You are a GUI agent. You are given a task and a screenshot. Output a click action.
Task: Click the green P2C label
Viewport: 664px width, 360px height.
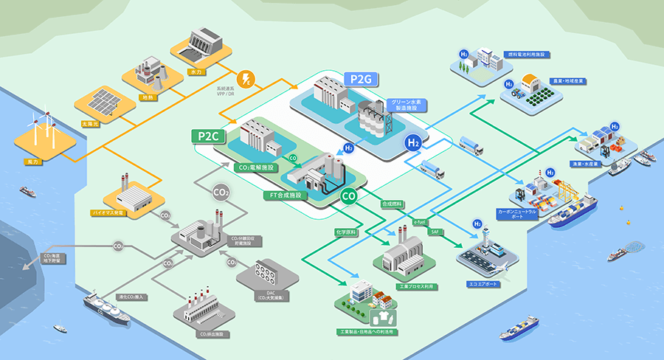(207, 136)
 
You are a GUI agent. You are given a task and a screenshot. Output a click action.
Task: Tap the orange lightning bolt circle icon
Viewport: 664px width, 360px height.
(244, 80)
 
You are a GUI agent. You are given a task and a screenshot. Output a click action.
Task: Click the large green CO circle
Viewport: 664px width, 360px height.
(350, 196)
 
